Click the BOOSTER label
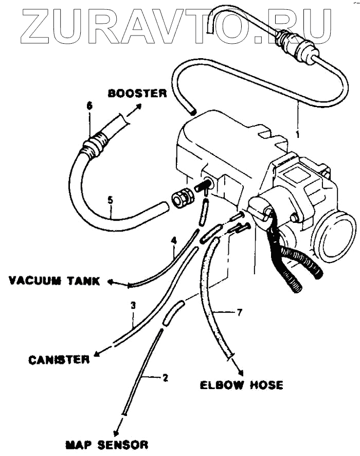137,93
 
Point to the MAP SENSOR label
106,444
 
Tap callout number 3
133,305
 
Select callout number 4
174,240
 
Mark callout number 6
89,105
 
